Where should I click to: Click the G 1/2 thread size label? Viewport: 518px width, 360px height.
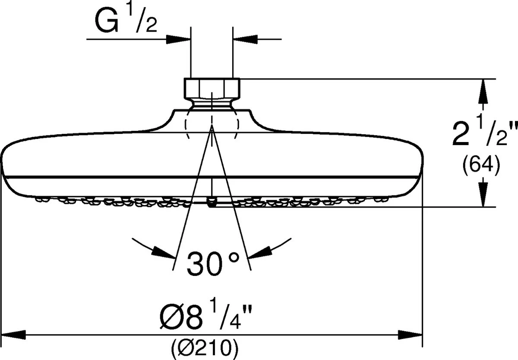click(x=126, y=19)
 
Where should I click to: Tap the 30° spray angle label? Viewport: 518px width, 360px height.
click(x=213, y=264)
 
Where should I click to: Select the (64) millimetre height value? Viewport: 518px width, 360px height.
click(x=481, y=164)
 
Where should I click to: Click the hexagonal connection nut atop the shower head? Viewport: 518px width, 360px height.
click(x=212, y=88)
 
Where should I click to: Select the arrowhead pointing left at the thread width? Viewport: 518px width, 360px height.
click(x=245, y=39)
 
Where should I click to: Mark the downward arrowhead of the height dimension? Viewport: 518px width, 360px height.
click(x=483, y=194)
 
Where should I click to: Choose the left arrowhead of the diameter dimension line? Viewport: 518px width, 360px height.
click(x=13, y=335)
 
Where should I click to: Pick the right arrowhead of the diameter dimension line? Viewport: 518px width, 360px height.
click(x=410, y=335)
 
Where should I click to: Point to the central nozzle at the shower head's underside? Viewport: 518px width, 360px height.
click(x=212, y=202)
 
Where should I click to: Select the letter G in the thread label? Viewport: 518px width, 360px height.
click(x=107, y=21)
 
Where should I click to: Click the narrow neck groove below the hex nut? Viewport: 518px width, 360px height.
click(x=212, y=104)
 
